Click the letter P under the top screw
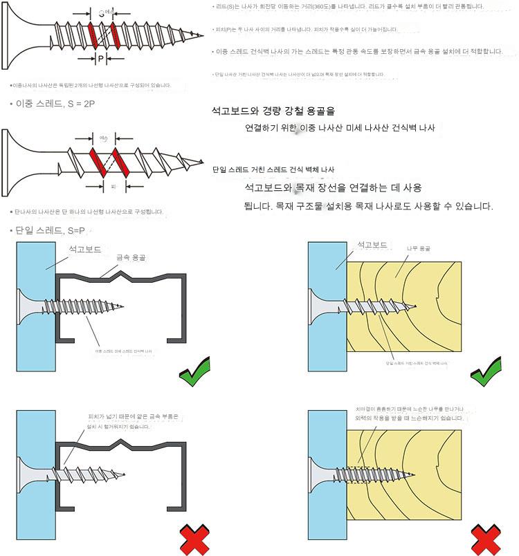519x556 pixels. (100, 59)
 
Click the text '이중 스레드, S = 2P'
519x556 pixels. (53, 103)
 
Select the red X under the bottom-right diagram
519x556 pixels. (486, 539)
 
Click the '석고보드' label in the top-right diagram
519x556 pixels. (372, 245)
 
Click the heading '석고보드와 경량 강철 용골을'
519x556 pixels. (277, 111)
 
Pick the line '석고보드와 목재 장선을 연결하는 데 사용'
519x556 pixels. (333, 187)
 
